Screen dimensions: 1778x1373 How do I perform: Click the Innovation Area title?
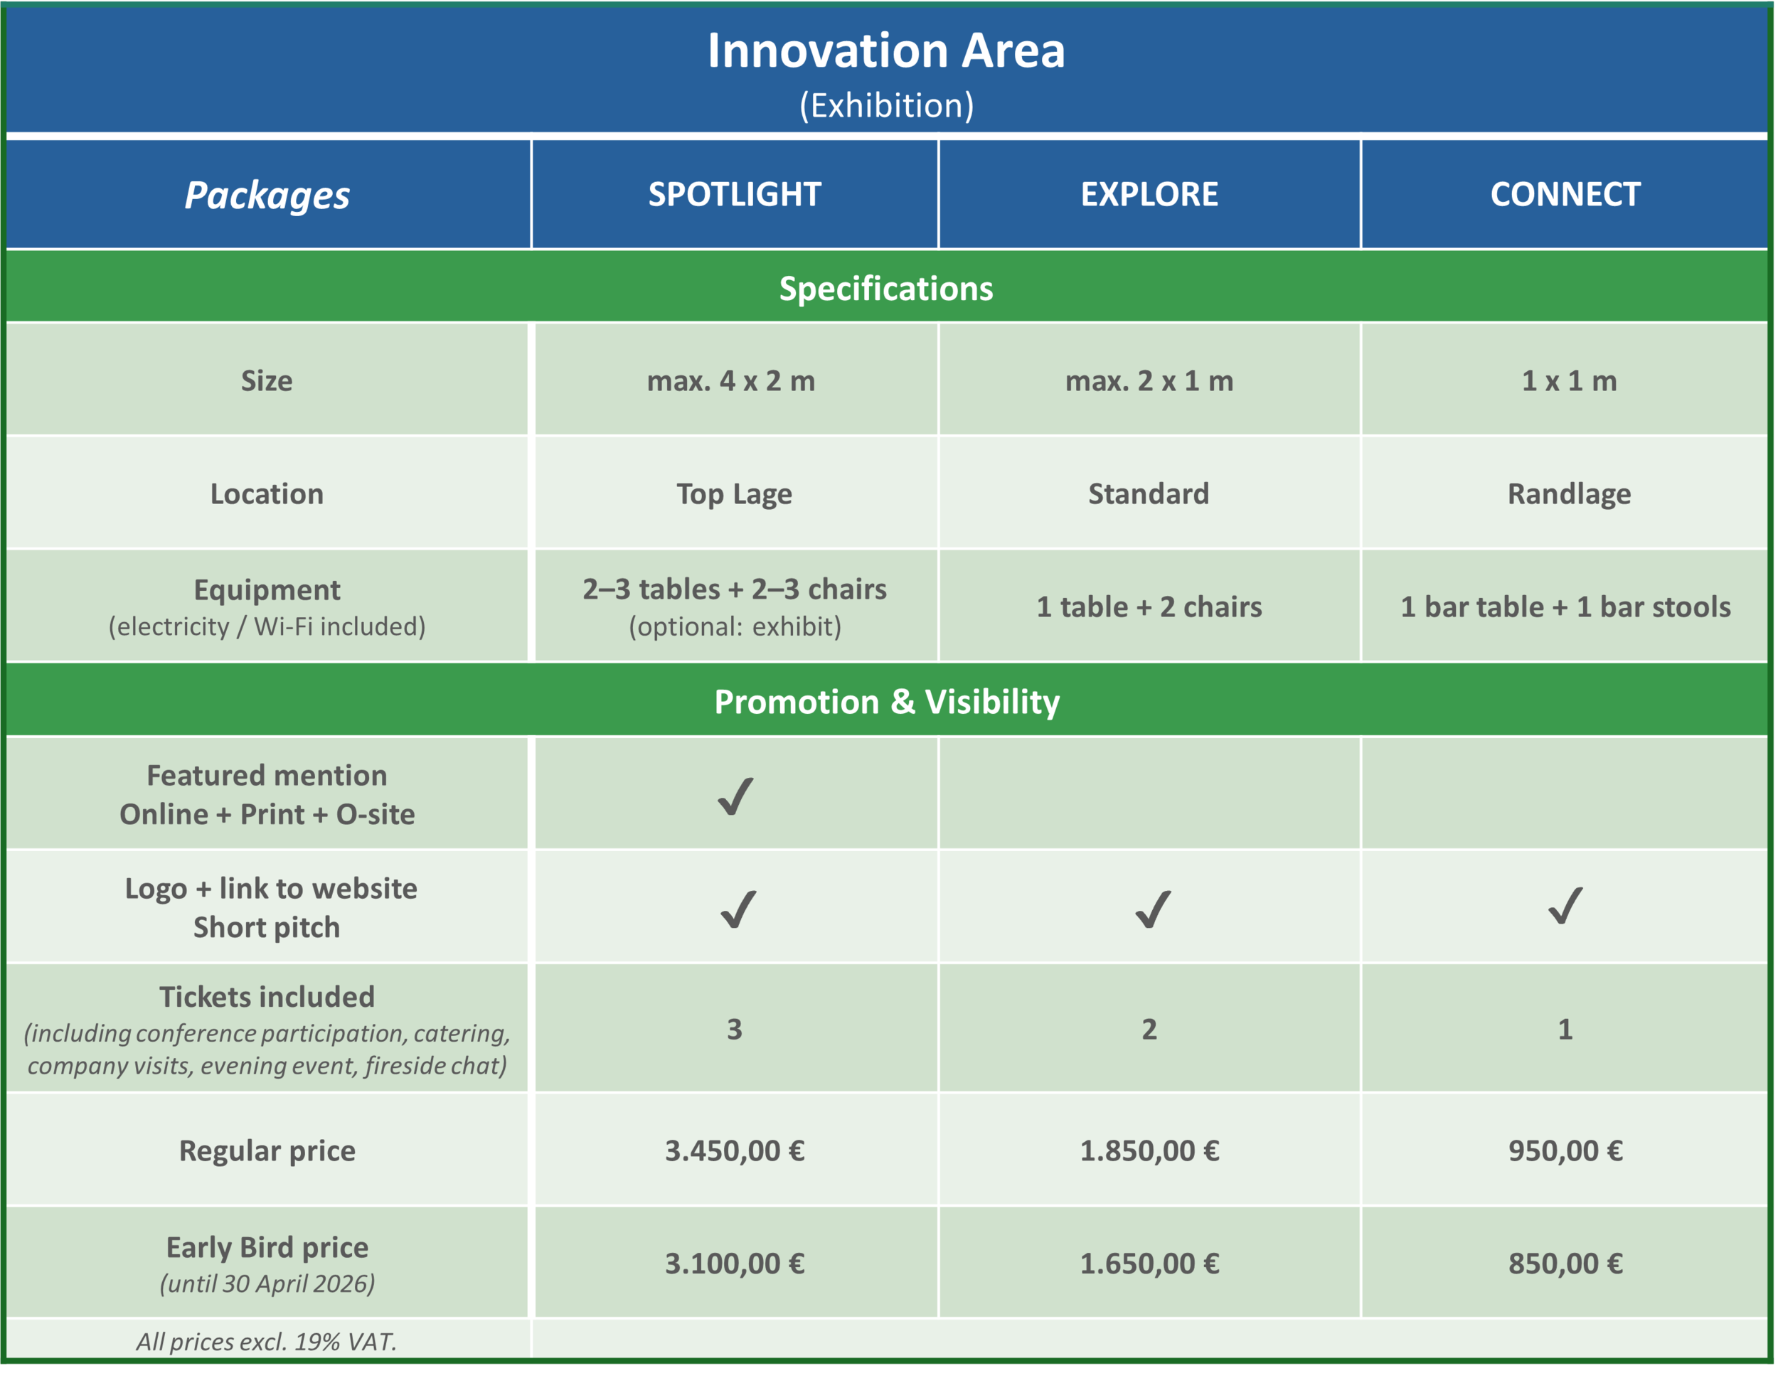(885, 50)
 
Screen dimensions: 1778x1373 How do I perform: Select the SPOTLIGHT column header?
(735, 195)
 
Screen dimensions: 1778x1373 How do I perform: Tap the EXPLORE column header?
(1149, 195)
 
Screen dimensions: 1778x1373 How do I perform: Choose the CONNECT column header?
(1565, 195)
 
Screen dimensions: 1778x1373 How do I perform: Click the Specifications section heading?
(885, 289)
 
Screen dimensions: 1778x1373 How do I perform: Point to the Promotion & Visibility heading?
(887, 702)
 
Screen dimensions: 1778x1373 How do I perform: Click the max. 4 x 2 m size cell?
(731, 381)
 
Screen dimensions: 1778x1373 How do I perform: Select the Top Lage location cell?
(735, 494)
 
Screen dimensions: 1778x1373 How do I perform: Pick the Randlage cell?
(1569, 494)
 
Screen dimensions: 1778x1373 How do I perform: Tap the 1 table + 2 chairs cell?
(1149, 607)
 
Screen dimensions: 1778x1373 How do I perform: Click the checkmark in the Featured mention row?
(736, 796)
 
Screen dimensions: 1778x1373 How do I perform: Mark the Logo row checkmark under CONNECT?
(1565, 906)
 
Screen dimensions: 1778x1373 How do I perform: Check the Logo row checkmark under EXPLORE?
(1153, 909)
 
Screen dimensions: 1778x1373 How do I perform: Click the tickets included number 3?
(735, 1030)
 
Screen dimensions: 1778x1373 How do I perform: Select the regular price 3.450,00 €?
(735, 1151)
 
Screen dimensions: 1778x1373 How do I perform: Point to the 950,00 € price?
(1565, 1151)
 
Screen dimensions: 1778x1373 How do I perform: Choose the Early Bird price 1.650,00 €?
(1149, 1264)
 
